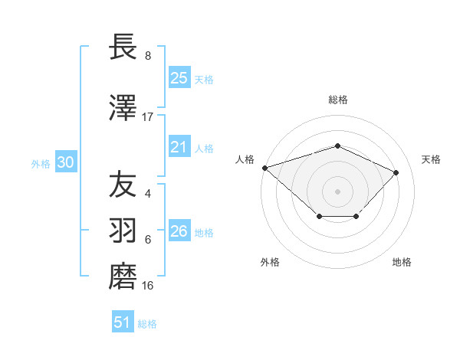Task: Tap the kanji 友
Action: pyautogui.click(x=123, y=185)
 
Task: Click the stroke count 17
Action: pyautogui.click(x=148, y=116)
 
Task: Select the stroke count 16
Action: pyautogui.click(x=148, y=286)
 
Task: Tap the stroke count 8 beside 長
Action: pyautogui.click(x=148, y=56)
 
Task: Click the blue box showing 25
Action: pyautogui.click(x=179, y=77)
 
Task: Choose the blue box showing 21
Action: pyautogui.click(x=179, y=147)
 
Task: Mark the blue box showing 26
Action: pyautogui.click(x=179, y=231)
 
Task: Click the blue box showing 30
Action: pyautogui.click(x=65, y=162)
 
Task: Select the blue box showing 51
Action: pyautogui.click(x=122, y=322)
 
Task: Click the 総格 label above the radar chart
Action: pyautogui.click(x=337, y=100)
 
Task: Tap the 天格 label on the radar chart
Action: pyautogui.click(x=431, y=159)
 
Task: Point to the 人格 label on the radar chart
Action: pyautogui.click(x=245, y=159)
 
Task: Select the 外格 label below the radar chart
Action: pyautogui.click(x=270, y=262)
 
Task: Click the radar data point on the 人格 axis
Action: pyautogui.click(x=264, y=167)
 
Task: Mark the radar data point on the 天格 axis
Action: pyautogui.click(x=396, y=172)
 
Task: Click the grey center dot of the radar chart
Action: pyautogui.click(x=337, y=191)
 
